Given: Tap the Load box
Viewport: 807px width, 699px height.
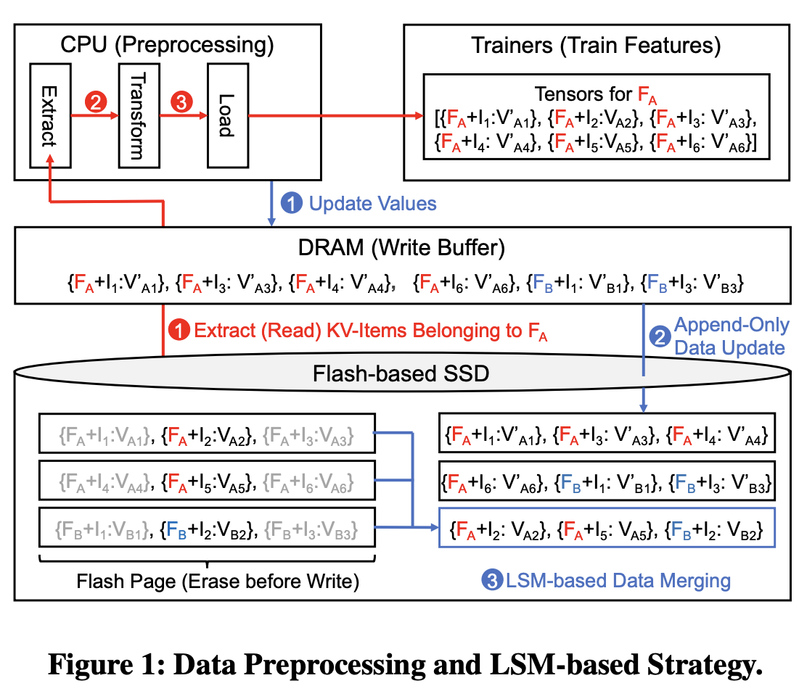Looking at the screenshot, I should tap(226, 114).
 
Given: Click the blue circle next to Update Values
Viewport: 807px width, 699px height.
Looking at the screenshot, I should tap(291, 204).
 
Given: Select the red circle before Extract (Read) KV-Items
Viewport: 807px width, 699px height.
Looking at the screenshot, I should tap(179, 331).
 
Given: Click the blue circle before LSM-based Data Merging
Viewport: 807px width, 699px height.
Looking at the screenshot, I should tap(492, 580).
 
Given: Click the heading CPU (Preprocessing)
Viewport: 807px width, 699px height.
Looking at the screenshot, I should tap(168, 46).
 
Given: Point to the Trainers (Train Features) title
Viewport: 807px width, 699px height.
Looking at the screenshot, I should tap(596, 46).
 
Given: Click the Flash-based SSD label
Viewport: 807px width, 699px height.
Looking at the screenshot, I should tap(401, 374).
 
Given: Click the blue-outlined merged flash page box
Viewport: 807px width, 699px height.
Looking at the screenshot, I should tap(607, 528).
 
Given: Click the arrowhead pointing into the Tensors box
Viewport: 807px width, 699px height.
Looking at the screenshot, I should tap(417, 115).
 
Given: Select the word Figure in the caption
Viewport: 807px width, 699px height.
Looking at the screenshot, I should tap(86, 664).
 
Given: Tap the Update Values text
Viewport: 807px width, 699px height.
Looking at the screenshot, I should tap(373, 204).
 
